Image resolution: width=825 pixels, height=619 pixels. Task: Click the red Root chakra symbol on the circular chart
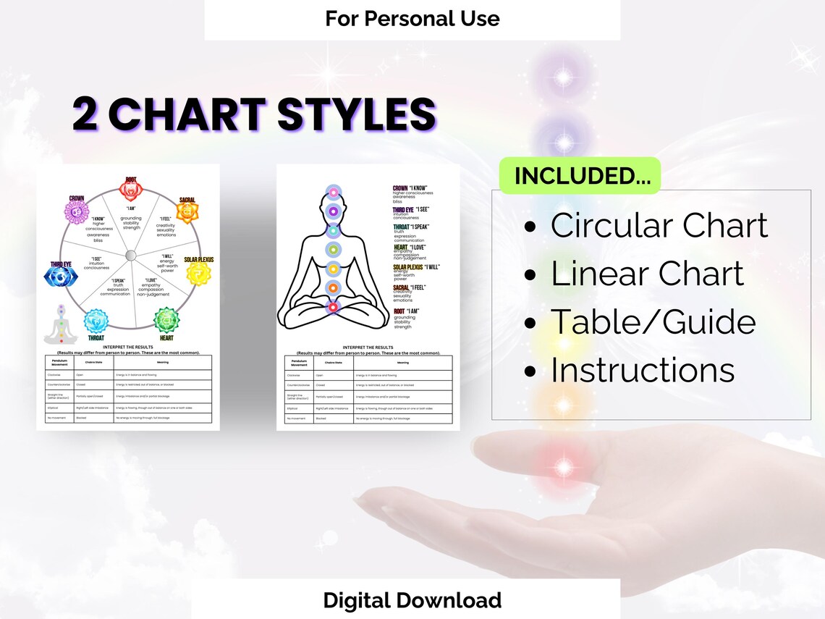tap(131, 190)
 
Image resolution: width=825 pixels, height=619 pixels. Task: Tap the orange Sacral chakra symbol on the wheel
tap(188, 214)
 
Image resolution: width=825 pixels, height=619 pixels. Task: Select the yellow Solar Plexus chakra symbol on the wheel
tap(199, 274)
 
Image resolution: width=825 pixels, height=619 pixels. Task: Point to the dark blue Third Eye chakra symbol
tap(60, 276)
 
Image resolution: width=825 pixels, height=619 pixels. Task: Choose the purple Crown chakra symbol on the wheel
tap(77, 211)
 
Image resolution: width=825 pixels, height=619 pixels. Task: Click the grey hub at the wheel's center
tap(130, 255)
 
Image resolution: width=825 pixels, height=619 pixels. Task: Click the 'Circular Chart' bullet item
tap(659, 226)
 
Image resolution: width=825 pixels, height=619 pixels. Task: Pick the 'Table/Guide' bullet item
tap(653, 322)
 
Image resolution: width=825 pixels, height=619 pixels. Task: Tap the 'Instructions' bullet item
tap(642, 370)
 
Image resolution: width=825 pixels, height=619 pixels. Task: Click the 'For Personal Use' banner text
tap(412, 18)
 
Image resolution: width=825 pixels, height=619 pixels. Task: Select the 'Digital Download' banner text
tap(412, 599)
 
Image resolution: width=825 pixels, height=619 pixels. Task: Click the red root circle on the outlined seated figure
tap(333, 308)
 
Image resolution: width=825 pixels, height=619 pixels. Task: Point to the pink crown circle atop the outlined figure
tap(333, 193)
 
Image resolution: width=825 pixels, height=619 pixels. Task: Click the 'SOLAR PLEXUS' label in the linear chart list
tap(407, 267)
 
